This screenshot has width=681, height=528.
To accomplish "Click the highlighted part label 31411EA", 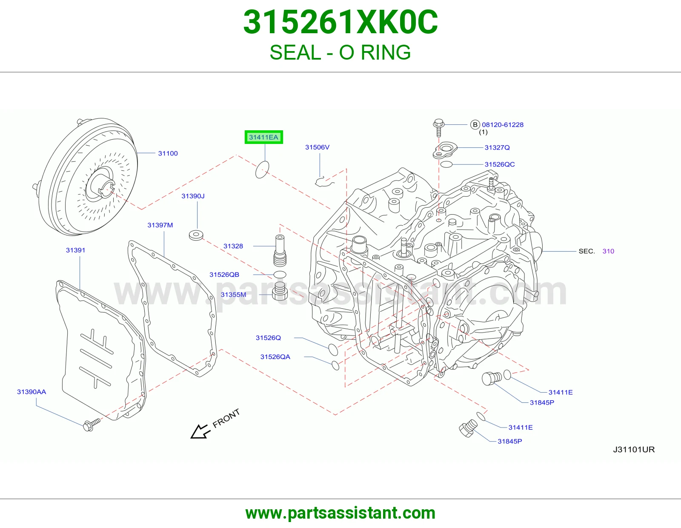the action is (x=263, y=137).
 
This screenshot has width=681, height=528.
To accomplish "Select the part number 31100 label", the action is (x=168, y=153).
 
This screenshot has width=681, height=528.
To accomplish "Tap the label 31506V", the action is (x=317, y=147).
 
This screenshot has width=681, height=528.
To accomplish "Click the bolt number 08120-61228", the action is (x=503, y=124).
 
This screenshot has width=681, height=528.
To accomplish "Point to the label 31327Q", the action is (x=497, y=147).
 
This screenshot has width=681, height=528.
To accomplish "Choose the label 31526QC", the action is (x=500, y=164).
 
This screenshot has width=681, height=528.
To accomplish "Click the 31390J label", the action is (x=193, y=196).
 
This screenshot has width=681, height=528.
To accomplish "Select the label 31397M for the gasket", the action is (x=160, y=225).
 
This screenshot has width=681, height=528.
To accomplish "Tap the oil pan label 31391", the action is (x=75, y=250).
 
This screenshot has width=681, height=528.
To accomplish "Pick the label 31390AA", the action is (x=31, y=392).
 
